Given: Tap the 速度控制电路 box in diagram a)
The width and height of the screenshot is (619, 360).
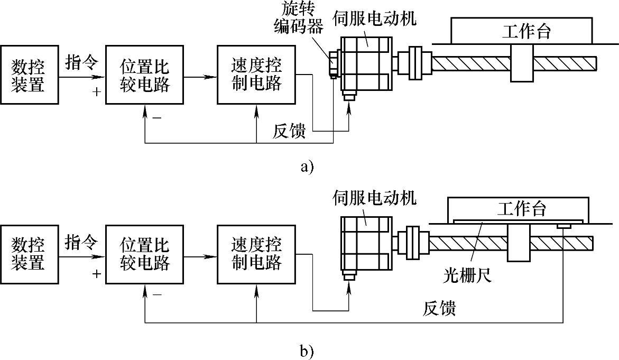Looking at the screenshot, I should [256, 75].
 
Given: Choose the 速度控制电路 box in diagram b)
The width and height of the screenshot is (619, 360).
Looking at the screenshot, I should [256, 253].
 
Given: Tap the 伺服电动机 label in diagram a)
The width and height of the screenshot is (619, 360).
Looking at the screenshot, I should [374, 19].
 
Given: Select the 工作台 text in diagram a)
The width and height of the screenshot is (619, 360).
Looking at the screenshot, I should [526, 31].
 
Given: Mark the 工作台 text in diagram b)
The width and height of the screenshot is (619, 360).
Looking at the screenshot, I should [521, 208].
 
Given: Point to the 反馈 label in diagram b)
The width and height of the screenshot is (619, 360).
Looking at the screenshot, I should [439, 308].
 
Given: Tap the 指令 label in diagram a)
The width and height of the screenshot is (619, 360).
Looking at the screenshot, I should [81, 63].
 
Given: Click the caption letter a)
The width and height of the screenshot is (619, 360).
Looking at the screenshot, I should [307, 167].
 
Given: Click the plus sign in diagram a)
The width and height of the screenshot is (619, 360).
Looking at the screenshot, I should [96, 92].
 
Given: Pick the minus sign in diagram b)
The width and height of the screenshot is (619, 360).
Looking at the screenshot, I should [157, 295].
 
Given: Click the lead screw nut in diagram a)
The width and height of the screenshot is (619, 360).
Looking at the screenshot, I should [522, 63].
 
